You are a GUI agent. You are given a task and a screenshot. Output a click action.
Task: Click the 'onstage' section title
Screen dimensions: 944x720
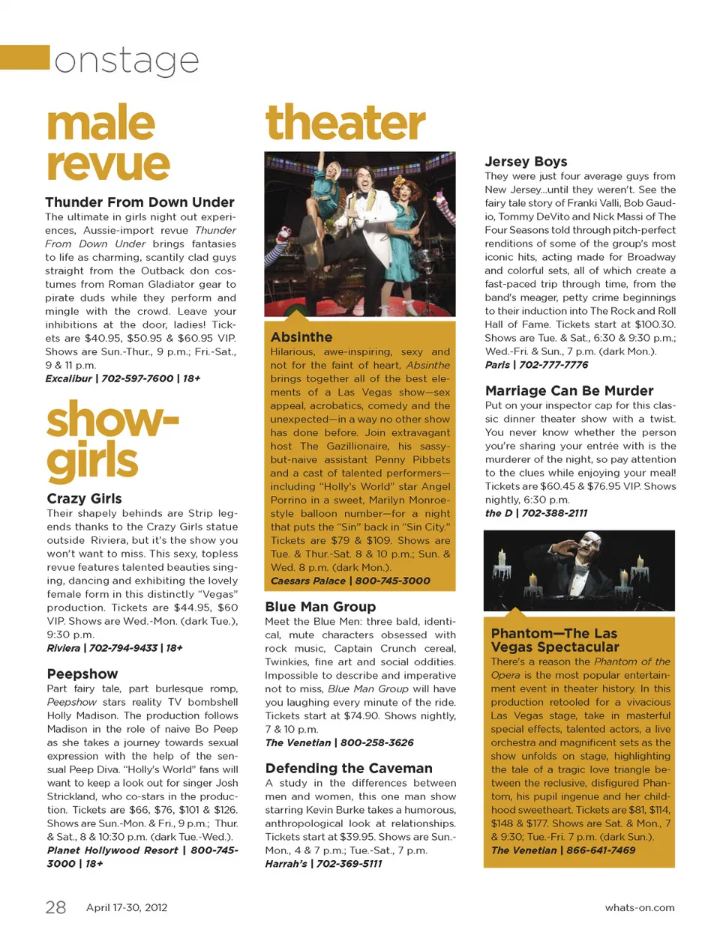[x=126, y=61]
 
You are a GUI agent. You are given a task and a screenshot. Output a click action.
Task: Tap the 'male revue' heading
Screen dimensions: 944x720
[x=108, y=144]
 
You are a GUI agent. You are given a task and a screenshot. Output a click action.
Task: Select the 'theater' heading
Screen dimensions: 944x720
[x=346, y=123]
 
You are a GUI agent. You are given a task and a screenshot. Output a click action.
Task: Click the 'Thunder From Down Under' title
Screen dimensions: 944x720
[x=139, y=202]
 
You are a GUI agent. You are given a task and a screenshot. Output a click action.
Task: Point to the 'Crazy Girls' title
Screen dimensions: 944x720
[x=84, y=499]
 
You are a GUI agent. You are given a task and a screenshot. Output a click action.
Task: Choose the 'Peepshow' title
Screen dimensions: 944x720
[x=82, y=674]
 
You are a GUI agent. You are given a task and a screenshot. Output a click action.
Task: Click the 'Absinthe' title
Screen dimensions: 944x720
[x=301, y=337]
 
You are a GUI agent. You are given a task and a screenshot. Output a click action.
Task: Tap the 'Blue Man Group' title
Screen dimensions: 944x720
[x=320, y=607]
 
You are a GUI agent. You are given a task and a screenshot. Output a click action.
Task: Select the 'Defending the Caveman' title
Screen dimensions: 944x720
[x=349, y=769]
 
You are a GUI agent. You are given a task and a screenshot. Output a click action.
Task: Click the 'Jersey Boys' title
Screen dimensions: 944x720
[x=526, y=162]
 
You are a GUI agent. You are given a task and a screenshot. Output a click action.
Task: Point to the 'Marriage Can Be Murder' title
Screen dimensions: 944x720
[x=569, y=391]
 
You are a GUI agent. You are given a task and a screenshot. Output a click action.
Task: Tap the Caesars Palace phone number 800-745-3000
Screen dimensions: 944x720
[x=393, y=581]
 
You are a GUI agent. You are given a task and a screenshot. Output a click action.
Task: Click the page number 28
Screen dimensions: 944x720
[x=55, y=907]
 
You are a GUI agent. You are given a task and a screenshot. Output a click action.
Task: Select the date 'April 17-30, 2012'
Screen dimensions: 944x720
[x=127, y=907]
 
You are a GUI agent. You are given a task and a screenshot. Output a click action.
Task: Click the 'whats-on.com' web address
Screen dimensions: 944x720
[x=640, y=908]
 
